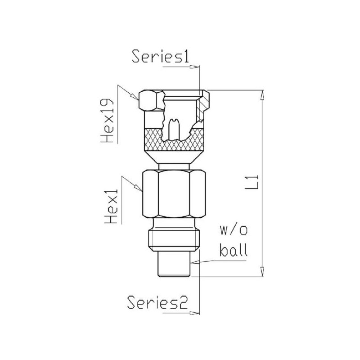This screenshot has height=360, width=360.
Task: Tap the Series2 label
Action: click(158, 302)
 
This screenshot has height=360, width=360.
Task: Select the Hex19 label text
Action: click(107, 121)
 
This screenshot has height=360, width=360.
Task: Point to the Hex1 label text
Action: click(111, 206)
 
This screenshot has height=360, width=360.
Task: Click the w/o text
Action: click(234, 230)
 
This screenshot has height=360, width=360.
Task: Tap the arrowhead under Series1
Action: click(194, 67)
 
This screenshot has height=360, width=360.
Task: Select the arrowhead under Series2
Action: click(194, 313)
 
